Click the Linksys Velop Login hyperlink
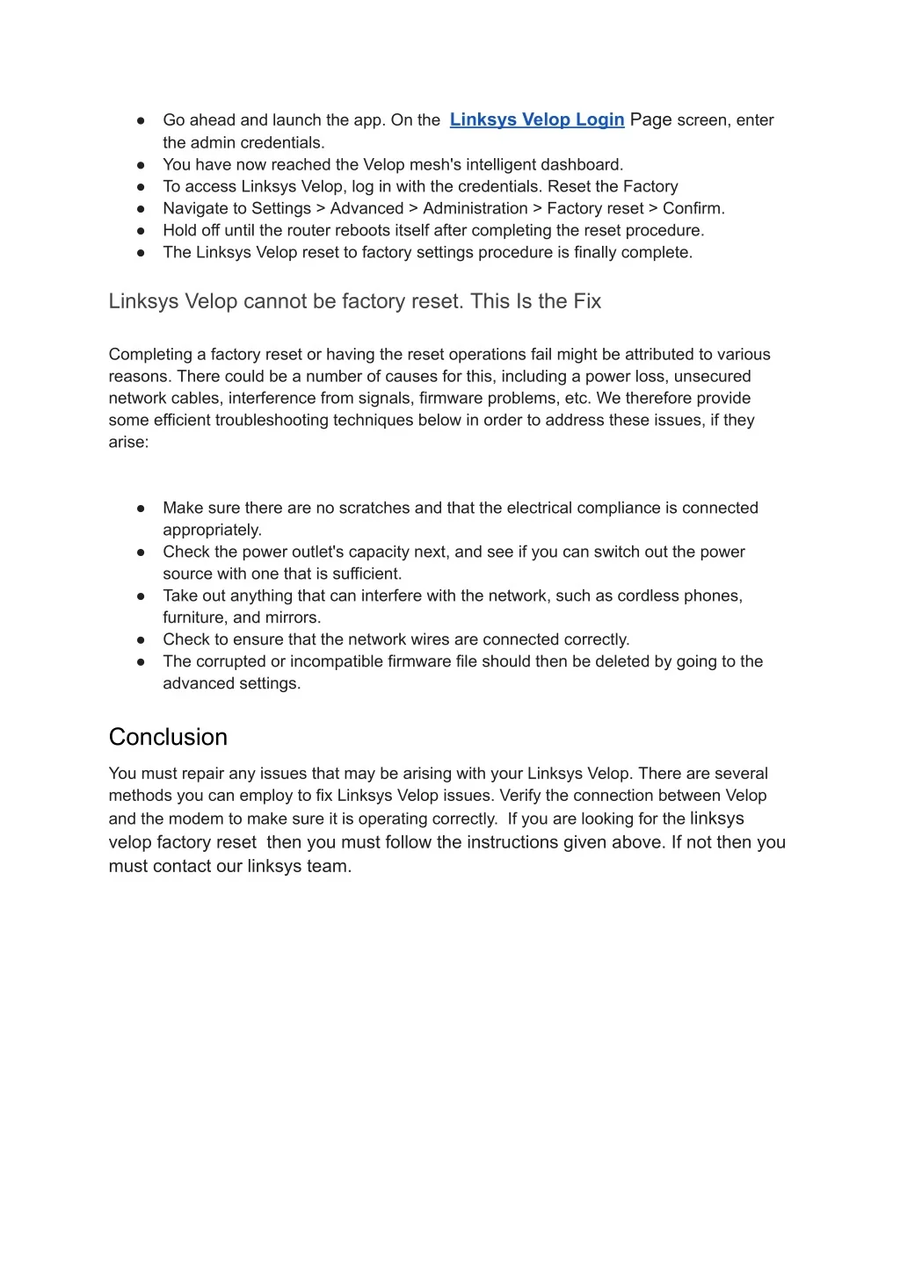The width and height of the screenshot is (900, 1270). [536, 119]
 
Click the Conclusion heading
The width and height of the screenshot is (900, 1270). [168, 737]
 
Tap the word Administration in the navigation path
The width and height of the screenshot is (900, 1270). [475, 208]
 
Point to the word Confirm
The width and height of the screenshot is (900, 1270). [693, 208]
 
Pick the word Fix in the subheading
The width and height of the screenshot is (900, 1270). [587, 301]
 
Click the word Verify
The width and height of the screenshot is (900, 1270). [519, 796]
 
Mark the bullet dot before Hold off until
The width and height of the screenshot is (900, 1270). [141, 230]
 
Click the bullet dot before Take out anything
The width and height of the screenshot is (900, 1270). [141, 595]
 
